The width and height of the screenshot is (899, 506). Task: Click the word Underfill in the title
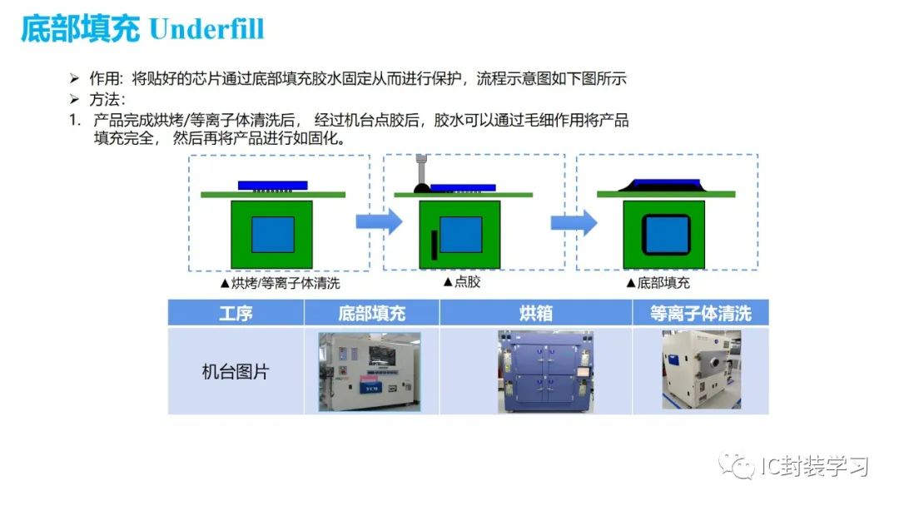point(206,29)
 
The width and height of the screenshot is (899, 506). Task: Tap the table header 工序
point(236,313)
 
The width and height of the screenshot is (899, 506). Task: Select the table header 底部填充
point(371,313)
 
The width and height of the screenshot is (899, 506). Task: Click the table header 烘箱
point(536,313)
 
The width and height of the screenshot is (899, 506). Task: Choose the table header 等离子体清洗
point(700,313)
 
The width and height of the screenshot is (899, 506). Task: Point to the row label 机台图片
point(236,371)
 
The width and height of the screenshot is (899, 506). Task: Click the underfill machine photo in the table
point(370,371)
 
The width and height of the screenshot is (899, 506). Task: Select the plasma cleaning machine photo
point(701,370)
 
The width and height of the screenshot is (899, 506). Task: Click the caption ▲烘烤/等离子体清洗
point(280,283)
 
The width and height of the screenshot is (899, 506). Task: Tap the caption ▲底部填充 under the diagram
point(658,283)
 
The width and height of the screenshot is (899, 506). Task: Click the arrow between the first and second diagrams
point(379,221)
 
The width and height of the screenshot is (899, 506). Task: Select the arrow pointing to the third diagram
point(574,221)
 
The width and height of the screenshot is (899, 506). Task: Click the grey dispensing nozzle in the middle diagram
point(423,171)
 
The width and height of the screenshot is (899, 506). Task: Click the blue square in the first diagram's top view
point(273,234)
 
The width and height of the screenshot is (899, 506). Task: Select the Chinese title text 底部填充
point(79,29)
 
